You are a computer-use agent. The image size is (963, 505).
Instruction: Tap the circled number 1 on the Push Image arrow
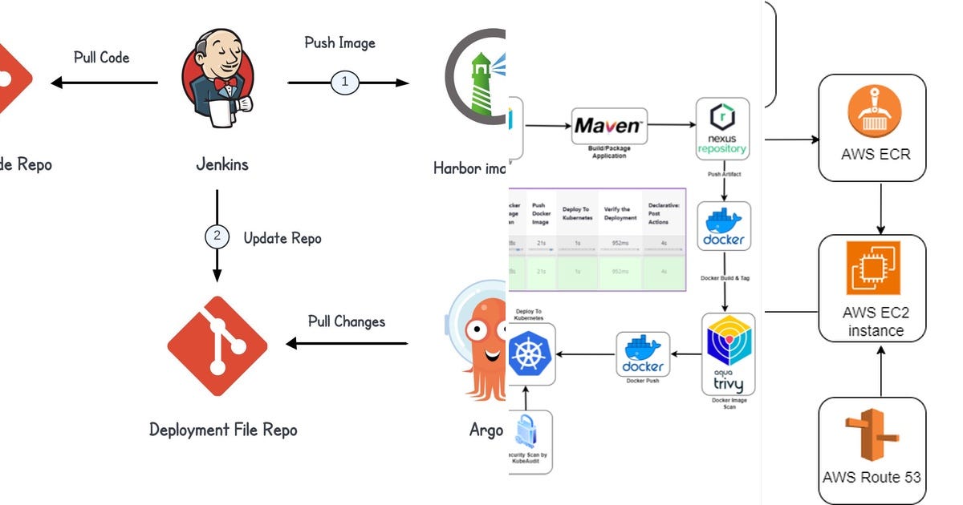point(345,83)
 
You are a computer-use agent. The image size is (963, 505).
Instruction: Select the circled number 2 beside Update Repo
point(216,236)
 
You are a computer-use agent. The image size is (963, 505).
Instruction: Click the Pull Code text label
point(101,57)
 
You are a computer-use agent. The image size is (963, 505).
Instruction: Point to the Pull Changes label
point(347,321)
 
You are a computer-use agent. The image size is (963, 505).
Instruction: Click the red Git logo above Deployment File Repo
point(217,345)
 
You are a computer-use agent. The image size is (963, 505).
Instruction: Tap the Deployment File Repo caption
point(223,430)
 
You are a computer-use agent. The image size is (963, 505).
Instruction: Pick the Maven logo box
point(609,126)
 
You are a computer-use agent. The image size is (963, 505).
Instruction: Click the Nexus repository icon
point(722,128)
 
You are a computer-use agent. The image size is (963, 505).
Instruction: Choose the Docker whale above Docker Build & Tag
point(724,226)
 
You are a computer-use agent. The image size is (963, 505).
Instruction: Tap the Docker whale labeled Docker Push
point(642,354)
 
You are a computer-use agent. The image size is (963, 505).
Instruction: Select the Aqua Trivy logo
point(728,353)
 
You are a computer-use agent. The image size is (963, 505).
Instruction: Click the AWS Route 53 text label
point(872,477)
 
